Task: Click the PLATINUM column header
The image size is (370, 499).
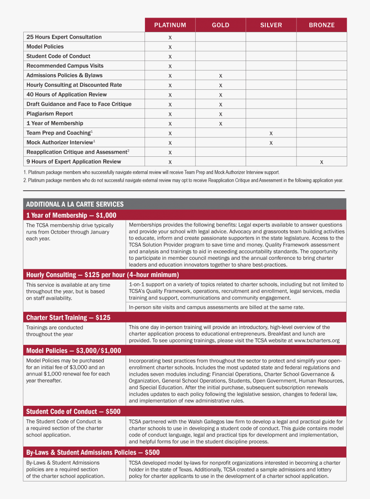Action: [x=170, y=25]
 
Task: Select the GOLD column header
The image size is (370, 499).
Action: [x=220, y=25]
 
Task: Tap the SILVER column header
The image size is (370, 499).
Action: [x=271, y=25]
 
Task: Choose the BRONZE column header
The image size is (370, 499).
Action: [x=321, y=25]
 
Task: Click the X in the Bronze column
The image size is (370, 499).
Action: [x=321, y=162]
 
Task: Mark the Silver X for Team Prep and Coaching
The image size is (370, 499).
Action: [x=271, y=133]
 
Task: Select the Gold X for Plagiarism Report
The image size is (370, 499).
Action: [x=220, y=114]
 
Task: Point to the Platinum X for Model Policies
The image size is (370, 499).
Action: [x=170, y=47]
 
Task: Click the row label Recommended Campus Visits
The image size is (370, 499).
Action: [x=65, y=66]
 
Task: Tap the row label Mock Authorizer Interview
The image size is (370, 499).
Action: [x=60, y=142]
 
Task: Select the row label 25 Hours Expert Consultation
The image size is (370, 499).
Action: [x=64, y=37]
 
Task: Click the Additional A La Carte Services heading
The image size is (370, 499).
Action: [x=75, y=204]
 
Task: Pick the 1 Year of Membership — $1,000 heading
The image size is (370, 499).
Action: [x=71, y=215]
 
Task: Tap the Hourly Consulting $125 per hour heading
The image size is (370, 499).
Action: [x=102, y=274]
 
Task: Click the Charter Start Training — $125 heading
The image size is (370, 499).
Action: [x=68, y=317]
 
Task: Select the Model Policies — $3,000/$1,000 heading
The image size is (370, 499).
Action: [x=74, y=350]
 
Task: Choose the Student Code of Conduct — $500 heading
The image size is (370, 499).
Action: [x=73, y=411]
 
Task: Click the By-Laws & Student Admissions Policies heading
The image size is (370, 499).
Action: [x=93, y=452]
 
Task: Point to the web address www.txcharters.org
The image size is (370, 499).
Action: [x=317, y=341]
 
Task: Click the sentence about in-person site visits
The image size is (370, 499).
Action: [x=216, y=307]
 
